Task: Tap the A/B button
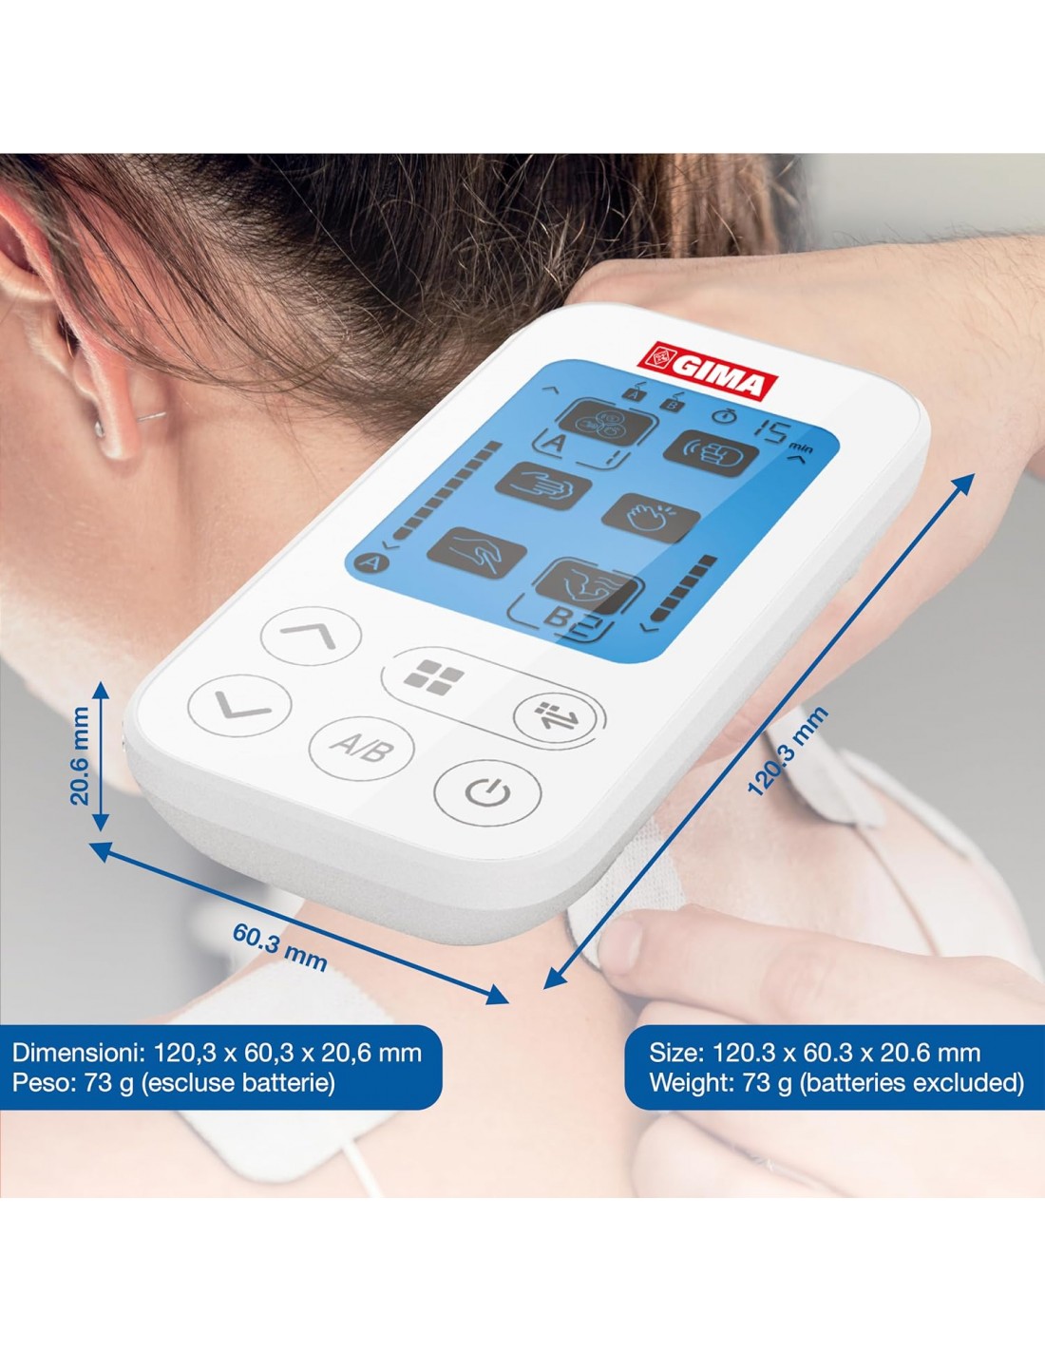pyautogui.click(x=362, y=749)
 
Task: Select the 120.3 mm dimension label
pyautogui.click(x=787, y=752)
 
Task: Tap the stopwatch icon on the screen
pyautogui.click(x=724, y=415)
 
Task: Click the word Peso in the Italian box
pyautogui.click(x=41, y=1082)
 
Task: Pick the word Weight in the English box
pyautogui.click(x=692, y=1082)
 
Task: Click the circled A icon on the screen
pyautogui.click(x=370, y=564)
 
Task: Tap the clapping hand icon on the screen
pyautogui.click(x=651, y=517)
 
